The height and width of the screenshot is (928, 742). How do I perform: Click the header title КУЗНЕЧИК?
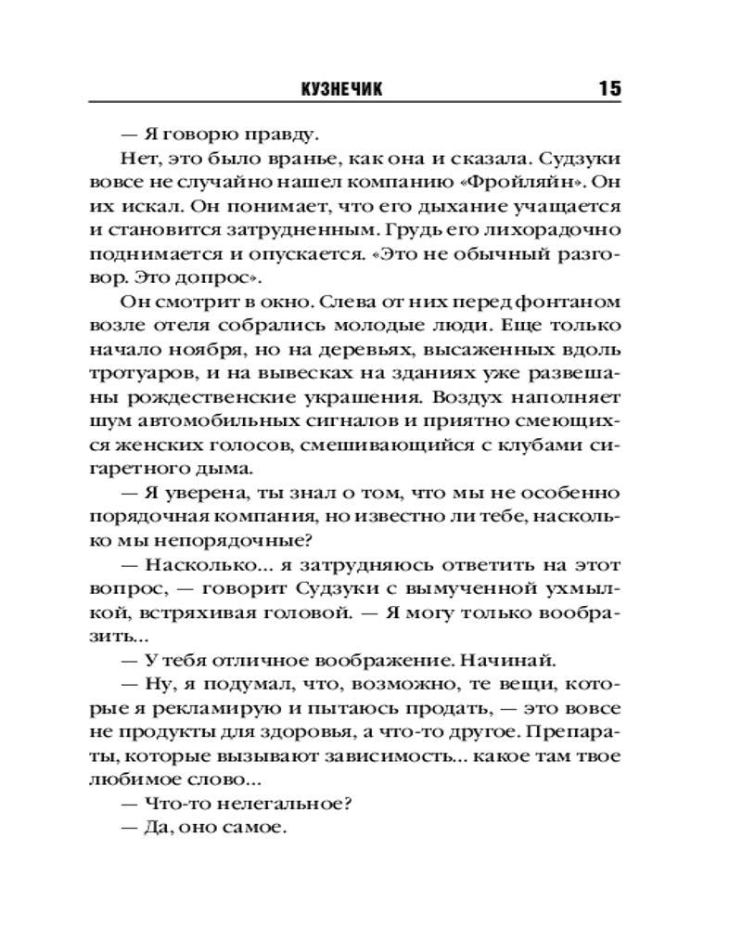343,88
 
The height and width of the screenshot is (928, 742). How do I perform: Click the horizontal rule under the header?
355,102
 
